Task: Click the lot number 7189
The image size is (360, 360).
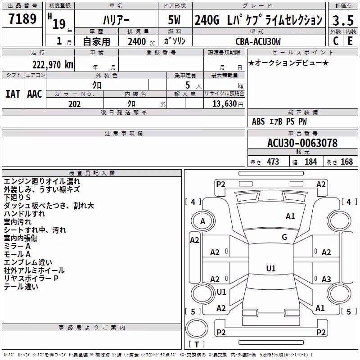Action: [x=22, y=19]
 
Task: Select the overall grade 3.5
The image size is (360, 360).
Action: [x=343, y=20]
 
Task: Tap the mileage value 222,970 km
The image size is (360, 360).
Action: [x=53, y=65]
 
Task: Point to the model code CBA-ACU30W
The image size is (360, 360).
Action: [x=258, y=41]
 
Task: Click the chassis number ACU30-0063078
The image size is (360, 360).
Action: [x=302, y=143]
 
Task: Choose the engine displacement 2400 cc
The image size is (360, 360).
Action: [x=141, y=41]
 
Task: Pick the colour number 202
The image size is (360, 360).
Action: [x=74, y=104]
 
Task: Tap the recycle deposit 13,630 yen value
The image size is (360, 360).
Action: [x=228, y=104]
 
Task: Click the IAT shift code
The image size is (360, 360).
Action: [x=13, y=94]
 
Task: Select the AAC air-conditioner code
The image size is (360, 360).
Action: [x=35, y=94]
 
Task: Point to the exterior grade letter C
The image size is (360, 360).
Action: [x=336, y=41]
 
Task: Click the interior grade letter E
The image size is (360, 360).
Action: [x=350, y=41]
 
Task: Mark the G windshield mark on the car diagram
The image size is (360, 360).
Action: [x=284, y=237]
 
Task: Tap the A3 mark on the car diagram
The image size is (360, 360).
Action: [x=326, y=279]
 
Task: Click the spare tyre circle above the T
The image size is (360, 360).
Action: [x=197, y=328]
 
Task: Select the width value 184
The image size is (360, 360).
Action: [x=310, y=162]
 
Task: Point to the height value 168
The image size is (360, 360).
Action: [x=346, y=162]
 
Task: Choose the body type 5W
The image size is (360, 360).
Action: [x=174, y=20]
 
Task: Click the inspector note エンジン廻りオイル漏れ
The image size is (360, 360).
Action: [x=42, y=181]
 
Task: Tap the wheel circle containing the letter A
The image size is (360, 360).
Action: [x=203, y=221]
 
